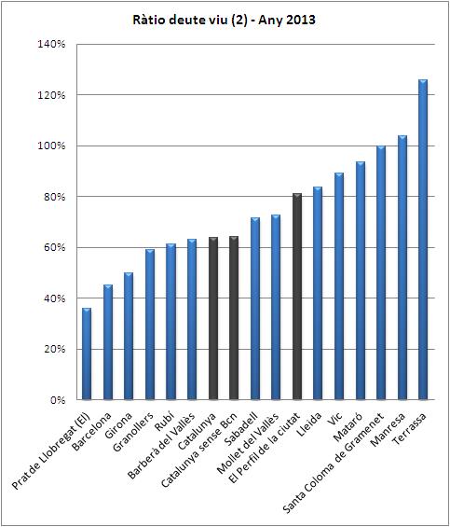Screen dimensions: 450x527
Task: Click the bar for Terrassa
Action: [423, 240]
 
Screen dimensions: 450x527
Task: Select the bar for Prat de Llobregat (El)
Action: [87, 354]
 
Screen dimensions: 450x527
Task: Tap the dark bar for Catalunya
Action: [213, 319]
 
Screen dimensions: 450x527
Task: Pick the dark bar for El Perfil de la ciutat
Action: [297, 297]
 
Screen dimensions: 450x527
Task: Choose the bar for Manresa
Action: [402, 268]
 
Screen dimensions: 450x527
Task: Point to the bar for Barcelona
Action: [108, 342]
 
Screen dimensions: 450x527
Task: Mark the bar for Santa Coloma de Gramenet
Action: [381, 273]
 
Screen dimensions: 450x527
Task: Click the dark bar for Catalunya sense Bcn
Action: [234, 318]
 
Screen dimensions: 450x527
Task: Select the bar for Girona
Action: [129, 336]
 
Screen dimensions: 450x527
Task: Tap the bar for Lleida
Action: [318, 294]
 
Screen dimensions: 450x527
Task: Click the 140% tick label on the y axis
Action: [51, 44]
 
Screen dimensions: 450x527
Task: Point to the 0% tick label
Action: [58, 400]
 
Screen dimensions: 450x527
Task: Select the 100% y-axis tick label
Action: [51, 146]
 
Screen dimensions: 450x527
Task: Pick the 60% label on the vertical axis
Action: [54, 248]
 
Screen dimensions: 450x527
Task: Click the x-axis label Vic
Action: [335, 419]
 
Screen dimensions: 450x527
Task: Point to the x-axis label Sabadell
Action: [240, 429]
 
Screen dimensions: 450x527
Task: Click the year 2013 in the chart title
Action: [301, 20]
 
